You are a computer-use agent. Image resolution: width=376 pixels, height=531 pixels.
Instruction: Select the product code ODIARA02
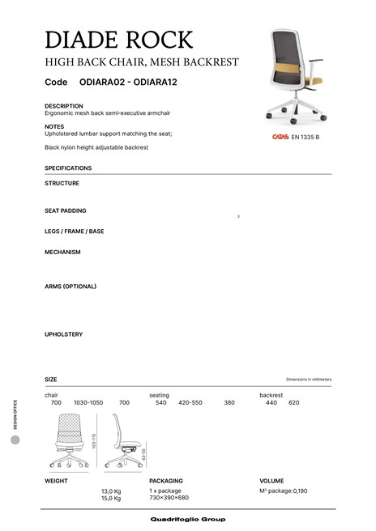103,83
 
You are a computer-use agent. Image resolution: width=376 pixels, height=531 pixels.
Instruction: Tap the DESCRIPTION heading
64,106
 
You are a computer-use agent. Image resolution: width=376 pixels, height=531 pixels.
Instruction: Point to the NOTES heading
54,127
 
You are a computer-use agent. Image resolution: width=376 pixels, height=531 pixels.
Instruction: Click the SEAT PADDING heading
66,210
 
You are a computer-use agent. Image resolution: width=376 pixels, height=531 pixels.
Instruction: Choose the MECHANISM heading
62,252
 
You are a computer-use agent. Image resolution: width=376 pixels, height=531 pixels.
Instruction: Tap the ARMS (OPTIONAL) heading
70,286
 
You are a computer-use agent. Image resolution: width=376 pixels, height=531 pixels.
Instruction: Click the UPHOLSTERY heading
64,334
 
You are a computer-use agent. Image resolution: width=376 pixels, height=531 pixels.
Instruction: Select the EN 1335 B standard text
306,137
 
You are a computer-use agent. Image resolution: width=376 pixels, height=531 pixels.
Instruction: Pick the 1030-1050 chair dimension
88,402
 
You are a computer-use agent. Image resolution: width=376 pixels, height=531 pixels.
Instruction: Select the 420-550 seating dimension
190,402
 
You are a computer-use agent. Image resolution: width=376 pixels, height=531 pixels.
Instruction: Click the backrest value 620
294,402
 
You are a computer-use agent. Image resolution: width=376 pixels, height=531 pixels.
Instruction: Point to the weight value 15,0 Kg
111,499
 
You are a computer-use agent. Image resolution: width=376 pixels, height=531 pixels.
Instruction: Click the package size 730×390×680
169,498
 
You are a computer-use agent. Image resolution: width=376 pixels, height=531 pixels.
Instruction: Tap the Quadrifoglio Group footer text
188,519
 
